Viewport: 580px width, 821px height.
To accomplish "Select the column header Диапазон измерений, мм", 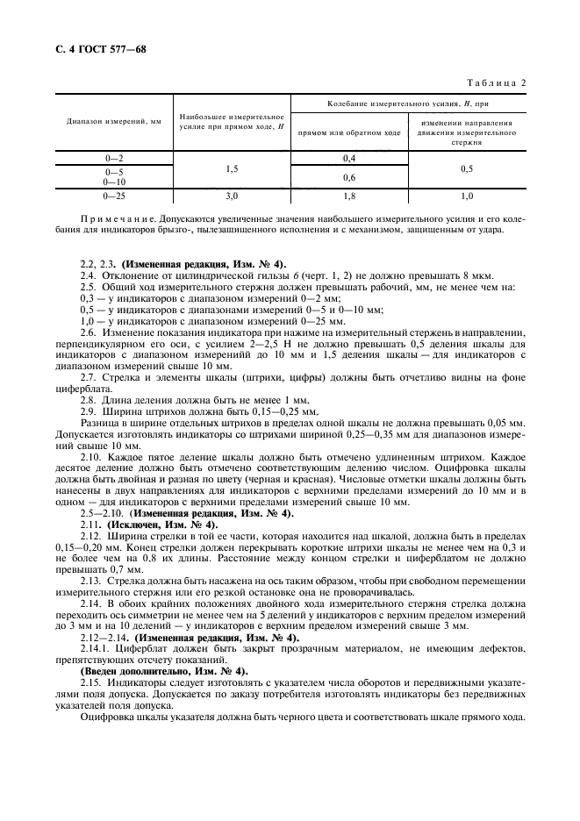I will pos(113,122).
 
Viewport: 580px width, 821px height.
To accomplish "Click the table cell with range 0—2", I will pos(113,158).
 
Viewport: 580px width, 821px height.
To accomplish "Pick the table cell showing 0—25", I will pos(113,196).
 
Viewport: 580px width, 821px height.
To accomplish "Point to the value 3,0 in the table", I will pos(232,196).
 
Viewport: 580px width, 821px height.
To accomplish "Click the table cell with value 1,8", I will pos(348,196).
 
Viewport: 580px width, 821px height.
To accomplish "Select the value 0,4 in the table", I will pos(348,158).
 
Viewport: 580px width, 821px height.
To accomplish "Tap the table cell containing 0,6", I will pos(348,177).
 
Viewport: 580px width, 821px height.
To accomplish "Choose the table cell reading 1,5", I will pos(232,168).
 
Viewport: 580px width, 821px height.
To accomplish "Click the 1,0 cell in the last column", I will pos(467,196).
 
